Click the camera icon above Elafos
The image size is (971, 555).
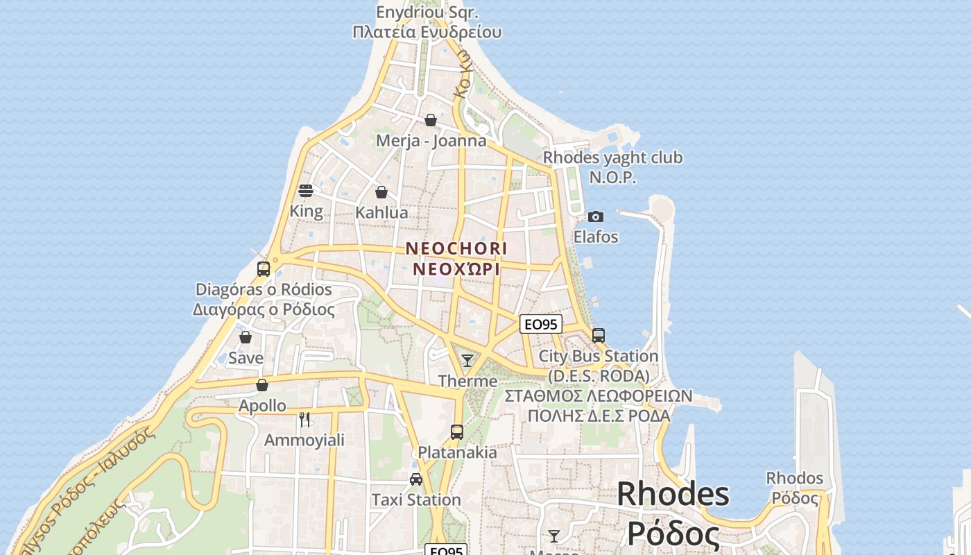[x=595, y=216]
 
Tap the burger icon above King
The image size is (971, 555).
[x=306, y=191]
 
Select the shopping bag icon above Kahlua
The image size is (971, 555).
[x=381, y=192]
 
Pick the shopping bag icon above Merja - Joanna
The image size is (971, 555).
[x=431, y=120]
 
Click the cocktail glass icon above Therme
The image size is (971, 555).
[x=467, y=360]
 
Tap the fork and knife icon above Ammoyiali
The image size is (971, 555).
[x=304, y=419]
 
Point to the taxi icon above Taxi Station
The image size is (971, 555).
[x=416, y=479]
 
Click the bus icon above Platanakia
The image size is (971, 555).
[x=456, y=432]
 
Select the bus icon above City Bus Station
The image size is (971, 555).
[x=599, y=335]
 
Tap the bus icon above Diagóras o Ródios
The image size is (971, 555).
[x=264, y=268]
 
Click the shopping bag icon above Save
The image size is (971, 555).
[x=246, y=337]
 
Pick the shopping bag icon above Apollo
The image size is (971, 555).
[x=262, y=384]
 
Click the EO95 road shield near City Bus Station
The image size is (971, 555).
[x=540, y=324]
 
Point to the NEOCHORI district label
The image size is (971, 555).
[x=456, y=248]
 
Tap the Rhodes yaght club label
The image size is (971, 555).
[x=612, y=158]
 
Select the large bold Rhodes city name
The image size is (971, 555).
[x=673, y=494]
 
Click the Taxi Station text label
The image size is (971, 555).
[x=416, y=499]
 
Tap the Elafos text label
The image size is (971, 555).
[x=595, y=237]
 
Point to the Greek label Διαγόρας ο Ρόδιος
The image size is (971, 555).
[x=264, y=309]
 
